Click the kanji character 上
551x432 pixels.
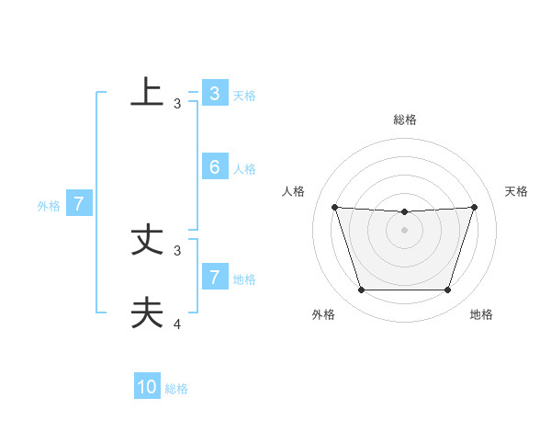[147, 92]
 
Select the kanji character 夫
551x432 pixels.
[147, 313]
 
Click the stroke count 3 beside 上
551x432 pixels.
[177, 104]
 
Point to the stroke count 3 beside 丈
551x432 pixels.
[177, 250]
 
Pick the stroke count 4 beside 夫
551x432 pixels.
[177, 324]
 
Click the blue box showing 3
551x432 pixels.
[214, 94]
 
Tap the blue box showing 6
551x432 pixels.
[214, 166]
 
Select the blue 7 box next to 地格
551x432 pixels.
[214, 277]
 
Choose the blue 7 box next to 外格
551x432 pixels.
[79, 204]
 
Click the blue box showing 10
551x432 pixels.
[147, 387]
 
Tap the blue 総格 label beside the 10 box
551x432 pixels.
[176, 389]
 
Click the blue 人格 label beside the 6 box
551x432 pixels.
[244, 169]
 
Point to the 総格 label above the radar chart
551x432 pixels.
[404, 119]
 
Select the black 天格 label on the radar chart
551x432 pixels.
[516, 191]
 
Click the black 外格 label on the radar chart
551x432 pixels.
[323, 314]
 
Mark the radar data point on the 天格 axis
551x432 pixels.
[474, 207]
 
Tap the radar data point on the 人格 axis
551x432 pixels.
[334, 207]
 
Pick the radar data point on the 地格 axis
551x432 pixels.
[447, 290]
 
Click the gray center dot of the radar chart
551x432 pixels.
[404, 229]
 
